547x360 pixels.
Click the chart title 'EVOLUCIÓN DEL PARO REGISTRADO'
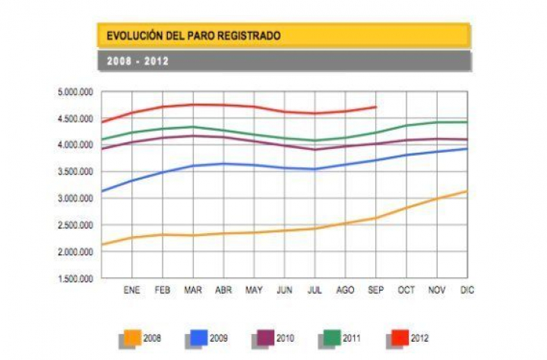pos(193,36)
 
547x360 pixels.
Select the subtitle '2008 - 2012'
pos(137,62)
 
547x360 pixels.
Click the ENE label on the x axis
pos(132,290)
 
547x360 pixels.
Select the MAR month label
pos(194,290)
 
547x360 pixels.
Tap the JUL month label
pos(315,290)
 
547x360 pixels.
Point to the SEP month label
pos(376,290)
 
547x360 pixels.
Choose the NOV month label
pos(437,290)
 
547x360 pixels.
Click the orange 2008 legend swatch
pos(131,337)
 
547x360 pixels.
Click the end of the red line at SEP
pos(376,107)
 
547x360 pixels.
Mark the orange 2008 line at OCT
pos(406,207)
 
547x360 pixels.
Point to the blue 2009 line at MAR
pos(194,166)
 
